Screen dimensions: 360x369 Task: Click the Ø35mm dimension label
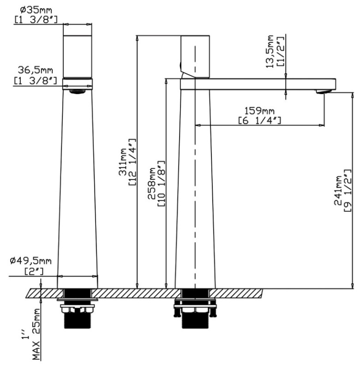click(x=36, y=10)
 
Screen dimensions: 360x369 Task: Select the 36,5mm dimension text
click(x=36, y=70)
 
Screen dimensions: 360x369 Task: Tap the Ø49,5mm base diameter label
click(x=30, y=261)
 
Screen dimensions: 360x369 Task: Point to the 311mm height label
click(x=122, y=162)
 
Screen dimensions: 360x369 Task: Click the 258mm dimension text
click(x=152, y=184)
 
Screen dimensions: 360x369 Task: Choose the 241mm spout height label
click(x=338, y=190)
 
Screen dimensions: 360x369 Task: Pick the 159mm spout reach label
click(x=259, y=110)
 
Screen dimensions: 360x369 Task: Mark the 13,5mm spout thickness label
click(x=270, y=52)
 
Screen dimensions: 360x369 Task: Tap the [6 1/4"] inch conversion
click(x=259, y=121)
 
